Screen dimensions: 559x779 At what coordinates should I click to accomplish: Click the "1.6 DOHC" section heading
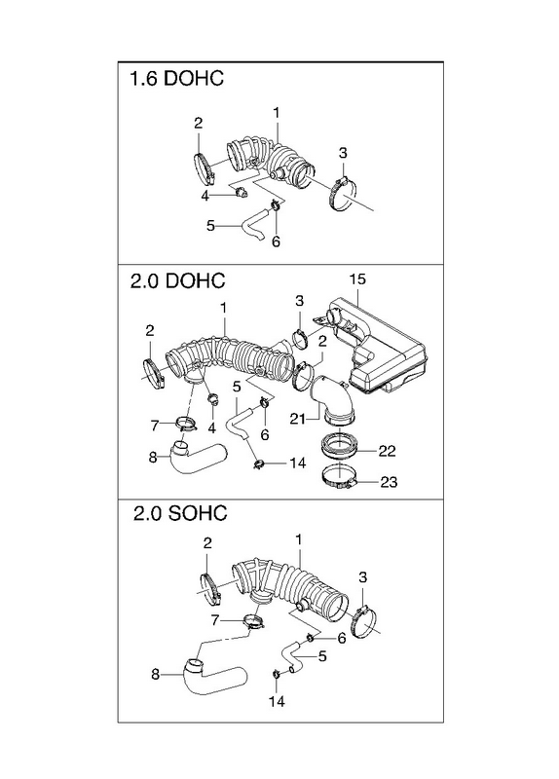(x=176, y=79)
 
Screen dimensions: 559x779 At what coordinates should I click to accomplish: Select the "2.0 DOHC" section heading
(x=177, y=280)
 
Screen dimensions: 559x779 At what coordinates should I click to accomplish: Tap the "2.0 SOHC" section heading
(x=180, y=513)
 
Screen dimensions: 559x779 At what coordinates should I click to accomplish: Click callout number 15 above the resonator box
(x=357, y=279)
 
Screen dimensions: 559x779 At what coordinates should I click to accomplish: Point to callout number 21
(x=298, y=420)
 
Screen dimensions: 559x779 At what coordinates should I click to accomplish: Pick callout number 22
(x=387, y=451)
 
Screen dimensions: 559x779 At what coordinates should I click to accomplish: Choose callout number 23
(x=390, y=482)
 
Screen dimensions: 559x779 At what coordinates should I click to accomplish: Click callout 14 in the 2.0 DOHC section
(x=297, y=464)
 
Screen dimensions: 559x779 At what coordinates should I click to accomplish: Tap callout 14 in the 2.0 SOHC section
(x=277, y=701)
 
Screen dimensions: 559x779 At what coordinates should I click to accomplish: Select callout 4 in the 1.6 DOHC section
(x=205, y=197)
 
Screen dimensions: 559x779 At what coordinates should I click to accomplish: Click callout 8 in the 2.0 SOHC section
(x=155, y=675)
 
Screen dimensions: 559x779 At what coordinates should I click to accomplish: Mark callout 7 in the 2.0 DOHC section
(x=155, y=426)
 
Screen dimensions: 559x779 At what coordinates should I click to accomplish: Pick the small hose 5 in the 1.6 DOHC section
(x=253, y=225)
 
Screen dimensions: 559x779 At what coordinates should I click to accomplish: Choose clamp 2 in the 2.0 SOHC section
(x=208, y=589)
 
